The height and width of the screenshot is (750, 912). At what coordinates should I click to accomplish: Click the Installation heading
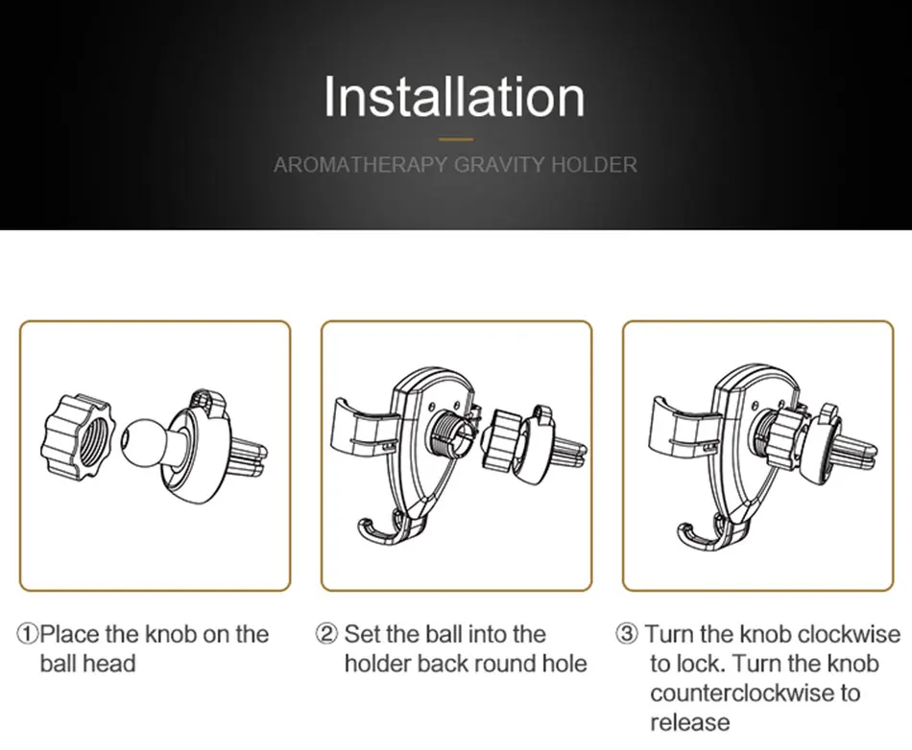[454, 97]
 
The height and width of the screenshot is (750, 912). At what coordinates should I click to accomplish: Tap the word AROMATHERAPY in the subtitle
[361, 165]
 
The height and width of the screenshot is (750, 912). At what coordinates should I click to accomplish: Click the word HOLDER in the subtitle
[594, 165]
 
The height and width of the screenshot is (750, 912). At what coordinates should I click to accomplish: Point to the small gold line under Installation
[456, 139]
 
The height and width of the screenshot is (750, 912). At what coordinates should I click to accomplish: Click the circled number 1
[27, 634]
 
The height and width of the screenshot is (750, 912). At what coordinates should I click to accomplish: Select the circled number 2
[326, 634]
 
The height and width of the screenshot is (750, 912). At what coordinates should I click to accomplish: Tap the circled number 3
[627, 634]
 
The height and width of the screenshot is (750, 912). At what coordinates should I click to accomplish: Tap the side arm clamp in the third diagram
[680, 427]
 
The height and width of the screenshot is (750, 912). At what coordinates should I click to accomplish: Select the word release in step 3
[690, 723]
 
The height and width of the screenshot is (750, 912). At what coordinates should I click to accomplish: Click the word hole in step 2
[564, 664]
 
